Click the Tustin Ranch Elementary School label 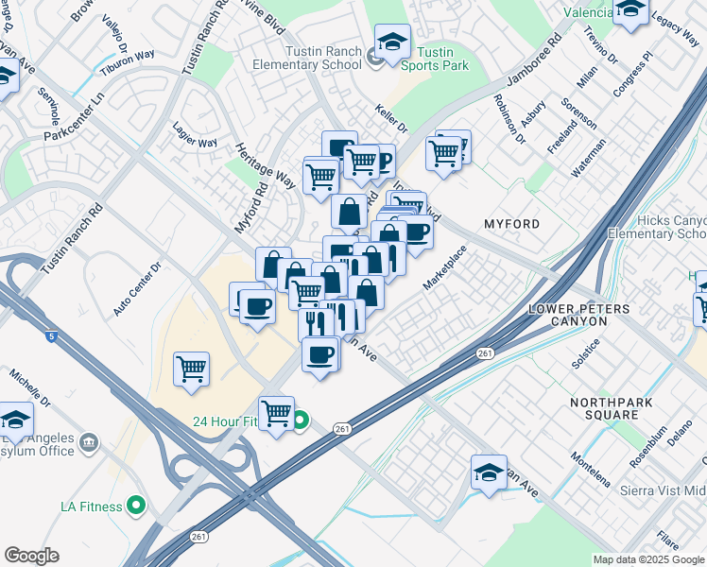pos(306,57)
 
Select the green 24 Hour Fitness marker pos(300,421)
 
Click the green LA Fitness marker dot pos(135,507)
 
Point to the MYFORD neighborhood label pos(511,224)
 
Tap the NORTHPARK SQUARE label pos(611,408)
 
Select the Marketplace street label pos(444,268)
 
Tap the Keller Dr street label pos(390,118)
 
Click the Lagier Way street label pos(195,134)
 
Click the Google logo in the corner pos(31,556)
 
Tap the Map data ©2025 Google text pos(648,559)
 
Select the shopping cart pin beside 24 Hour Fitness pos(276,413)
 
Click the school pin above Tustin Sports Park pos(392,42)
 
